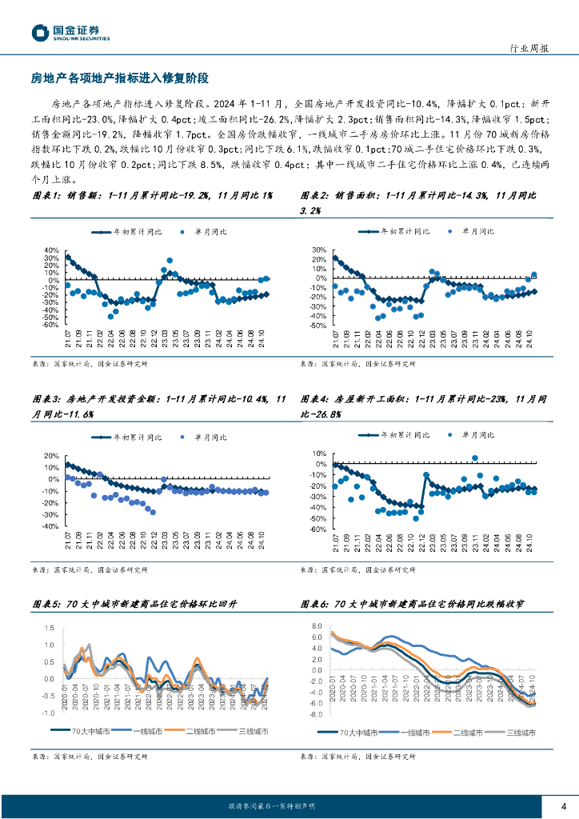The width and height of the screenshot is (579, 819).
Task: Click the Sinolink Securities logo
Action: [x=70, y=32]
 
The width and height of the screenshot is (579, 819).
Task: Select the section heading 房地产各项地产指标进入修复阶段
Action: [x=119, y=78]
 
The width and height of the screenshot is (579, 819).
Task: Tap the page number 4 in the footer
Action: [x=563, y=805]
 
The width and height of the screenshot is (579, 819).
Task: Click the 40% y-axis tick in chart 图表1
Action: [x=50, y=250]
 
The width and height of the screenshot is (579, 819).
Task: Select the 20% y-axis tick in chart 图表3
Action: [x=50, y=456]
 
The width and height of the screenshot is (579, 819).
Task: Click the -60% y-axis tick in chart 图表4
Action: [x=317, y=529]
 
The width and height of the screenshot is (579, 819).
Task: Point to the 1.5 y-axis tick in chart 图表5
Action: [x=49, y=628]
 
